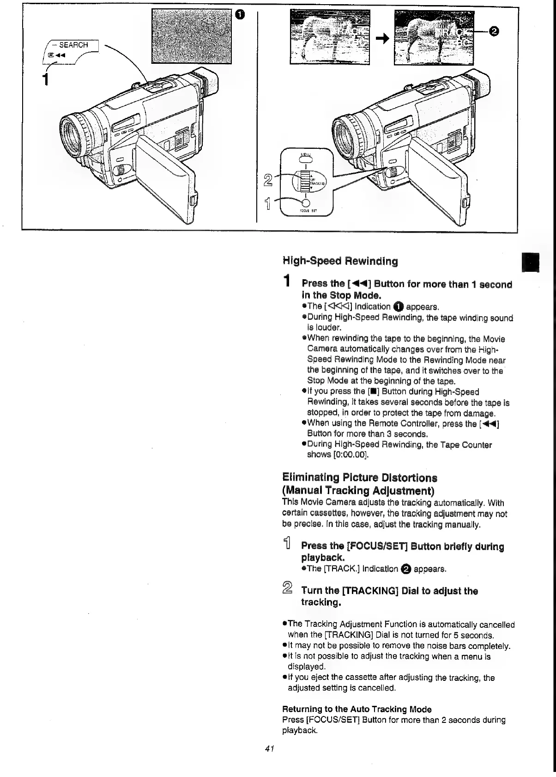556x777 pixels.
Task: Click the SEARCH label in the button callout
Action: click(73, 45)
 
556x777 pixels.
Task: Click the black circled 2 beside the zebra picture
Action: click(493, 31)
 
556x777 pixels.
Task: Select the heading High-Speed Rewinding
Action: click(340, 261)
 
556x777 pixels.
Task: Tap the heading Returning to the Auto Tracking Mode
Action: click(357, 709)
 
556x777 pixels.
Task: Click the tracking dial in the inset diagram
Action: click(303, 181)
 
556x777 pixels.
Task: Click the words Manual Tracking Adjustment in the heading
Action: click(359, 490)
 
